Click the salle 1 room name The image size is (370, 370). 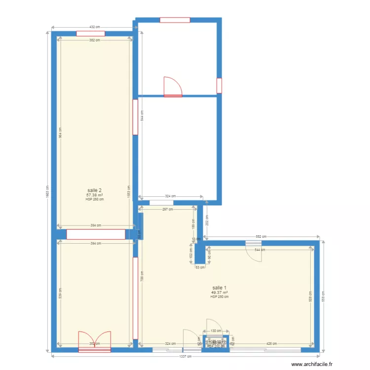click(220, 288)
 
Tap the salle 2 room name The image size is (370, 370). click(95, 190)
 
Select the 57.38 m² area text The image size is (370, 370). click(95, 195)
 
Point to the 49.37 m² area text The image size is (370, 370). click(220, 293)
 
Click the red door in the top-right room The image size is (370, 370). click(173, 86)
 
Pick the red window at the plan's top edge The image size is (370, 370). click(175, 20)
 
